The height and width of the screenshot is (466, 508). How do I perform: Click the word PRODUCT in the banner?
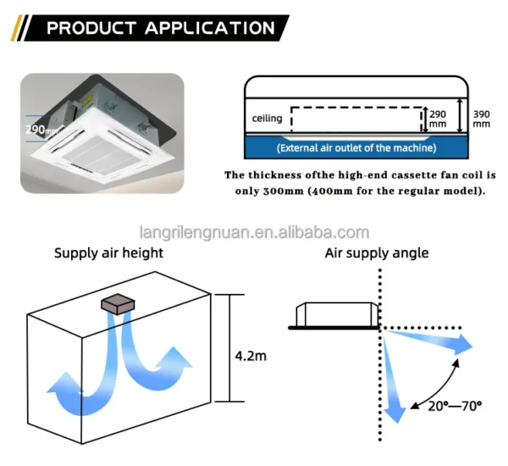click(91, 28)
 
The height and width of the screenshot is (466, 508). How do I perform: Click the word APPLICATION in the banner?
click(210, 28)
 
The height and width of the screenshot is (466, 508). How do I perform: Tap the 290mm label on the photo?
click(41, 130)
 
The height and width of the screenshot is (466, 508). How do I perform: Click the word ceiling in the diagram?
click(267, 118)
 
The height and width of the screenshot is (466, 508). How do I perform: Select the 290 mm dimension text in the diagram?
click(438, 119)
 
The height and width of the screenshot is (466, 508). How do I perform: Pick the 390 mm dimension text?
click(482, 119)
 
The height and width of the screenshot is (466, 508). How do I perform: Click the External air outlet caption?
click(356, 148)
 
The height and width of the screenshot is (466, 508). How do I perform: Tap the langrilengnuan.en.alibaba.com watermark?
click(254, 232)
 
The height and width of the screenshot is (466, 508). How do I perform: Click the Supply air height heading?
click(108, 253)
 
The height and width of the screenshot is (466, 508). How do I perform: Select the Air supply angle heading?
click(377, 253)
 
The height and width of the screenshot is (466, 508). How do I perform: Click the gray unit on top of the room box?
click(118, 304)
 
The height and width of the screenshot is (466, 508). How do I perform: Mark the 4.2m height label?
click(251, 356)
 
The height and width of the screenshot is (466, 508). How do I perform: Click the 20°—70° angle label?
click(455, 406)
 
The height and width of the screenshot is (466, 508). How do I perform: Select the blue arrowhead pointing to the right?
click(462, 345)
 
